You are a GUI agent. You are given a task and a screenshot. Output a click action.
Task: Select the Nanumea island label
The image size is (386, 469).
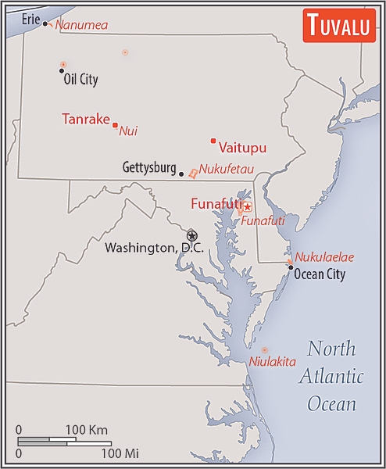(x=81, y=25)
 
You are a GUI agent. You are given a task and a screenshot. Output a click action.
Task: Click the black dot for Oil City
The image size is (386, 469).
(x=62, y=71)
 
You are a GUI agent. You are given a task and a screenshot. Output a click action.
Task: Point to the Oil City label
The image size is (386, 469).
(x=80, y=79)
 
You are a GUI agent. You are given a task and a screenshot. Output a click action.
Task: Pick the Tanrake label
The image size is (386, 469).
(x=85, y=119)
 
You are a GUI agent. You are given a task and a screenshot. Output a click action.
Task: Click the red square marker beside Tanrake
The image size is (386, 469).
(x=115, y=125)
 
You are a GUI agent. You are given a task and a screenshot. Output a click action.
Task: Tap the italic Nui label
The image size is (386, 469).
(x=128, y=131)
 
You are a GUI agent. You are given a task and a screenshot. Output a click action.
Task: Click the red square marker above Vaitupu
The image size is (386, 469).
(x=213, y=141)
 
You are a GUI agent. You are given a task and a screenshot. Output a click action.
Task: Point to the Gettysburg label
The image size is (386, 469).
(x=149, y=167)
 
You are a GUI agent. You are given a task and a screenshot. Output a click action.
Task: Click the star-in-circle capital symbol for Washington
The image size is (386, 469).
(x=191, y=235)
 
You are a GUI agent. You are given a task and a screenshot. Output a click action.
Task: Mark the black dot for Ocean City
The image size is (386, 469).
(x=291, y=267)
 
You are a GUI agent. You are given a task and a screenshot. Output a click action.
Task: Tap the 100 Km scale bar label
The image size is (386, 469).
(x=86, y=430)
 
